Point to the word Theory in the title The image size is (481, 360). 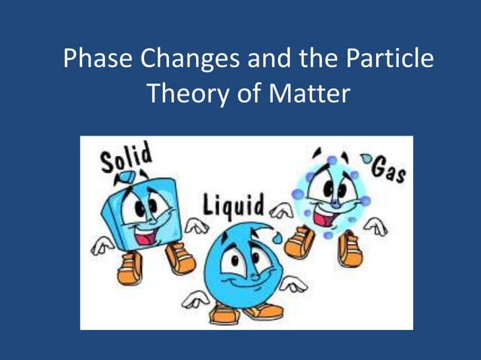(180, 95)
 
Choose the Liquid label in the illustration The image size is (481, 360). (233, 204)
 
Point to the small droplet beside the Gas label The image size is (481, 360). (367, 160)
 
